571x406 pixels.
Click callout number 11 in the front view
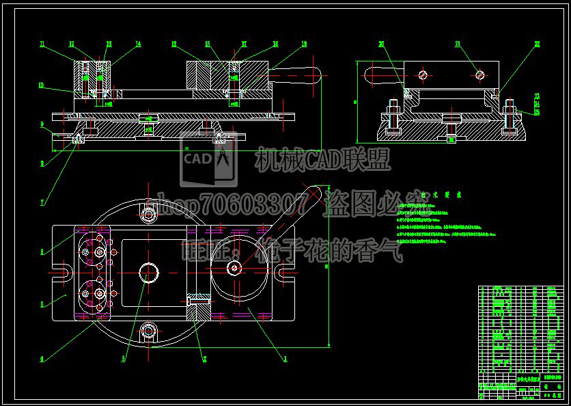[x=42, y=44]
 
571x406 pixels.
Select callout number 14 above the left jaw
[x=138, y=44]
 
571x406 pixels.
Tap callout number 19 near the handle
[x=304, y=44]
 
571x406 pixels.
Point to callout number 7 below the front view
[x=42, y=202]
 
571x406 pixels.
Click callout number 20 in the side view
[x=381, y=44]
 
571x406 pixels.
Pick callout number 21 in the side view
[x=458, y=44]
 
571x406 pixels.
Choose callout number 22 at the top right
[x=538, y=44]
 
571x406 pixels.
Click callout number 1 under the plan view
[x=285, y=357]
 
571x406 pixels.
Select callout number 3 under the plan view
[x=124, y=357]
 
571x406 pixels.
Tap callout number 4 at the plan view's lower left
[x=42, y=357]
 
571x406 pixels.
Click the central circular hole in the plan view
[x=149, y=273]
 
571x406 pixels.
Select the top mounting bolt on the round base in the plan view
[x=148, y=215]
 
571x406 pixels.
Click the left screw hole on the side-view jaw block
[x=423, y=74]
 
